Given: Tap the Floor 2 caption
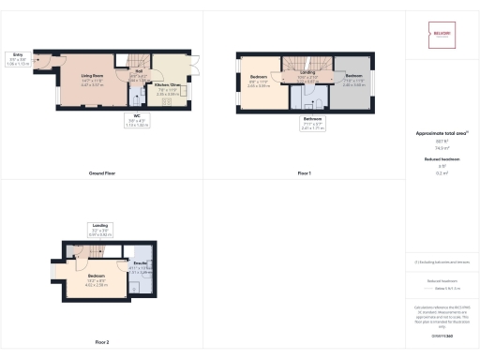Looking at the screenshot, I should tap(101, 342).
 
